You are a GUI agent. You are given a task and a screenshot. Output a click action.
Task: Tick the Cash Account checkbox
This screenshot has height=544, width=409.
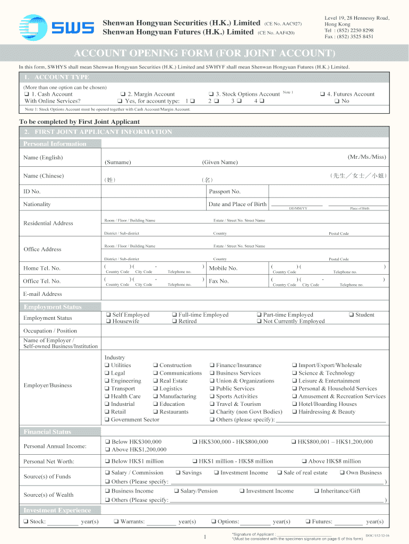tap(26, 94)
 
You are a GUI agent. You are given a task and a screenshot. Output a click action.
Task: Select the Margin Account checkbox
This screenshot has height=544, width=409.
tap(122, 94)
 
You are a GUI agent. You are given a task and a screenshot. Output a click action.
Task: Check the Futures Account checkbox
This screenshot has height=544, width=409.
tap(322, 94)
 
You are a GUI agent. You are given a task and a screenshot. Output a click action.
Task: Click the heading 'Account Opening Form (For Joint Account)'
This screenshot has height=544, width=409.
tap(204, 54)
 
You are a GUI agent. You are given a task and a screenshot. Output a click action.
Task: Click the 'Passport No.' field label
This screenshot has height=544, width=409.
tap(225, 191)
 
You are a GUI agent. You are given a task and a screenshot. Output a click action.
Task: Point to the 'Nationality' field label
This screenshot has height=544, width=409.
tap(37, 204)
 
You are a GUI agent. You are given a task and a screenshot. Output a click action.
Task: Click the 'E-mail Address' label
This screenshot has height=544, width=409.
tap(42, 294)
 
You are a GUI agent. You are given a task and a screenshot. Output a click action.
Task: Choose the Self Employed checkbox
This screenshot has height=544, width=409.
tap(107, 315)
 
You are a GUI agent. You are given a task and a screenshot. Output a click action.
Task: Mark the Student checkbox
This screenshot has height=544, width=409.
tap(351, 315)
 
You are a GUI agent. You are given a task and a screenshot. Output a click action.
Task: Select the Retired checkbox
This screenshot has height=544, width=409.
tap(174, 321)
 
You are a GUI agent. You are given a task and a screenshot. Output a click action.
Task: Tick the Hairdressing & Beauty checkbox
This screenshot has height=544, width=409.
tap(294, 412)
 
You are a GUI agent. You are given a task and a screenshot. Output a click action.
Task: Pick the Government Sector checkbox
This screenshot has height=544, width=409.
tap(107, 420)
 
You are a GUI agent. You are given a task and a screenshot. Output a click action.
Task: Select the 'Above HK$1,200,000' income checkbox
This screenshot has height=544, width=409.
tap(107, 449)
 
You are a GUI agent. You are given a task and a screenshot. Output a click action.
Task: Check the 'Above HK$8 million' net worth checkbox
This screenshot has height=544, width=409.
tap(304, 461)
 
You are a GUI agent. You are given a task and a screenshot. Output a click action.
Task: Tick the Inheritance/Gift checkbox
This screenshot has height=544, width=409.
tap(317, 491)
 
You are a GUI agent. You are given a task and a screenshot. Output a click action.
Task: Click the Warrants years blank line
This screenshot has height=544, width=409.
tap(161, 523)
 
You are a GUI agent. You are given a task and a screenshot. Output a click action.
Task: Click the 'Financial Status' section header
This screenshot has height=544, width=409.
tap(47, 431)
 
